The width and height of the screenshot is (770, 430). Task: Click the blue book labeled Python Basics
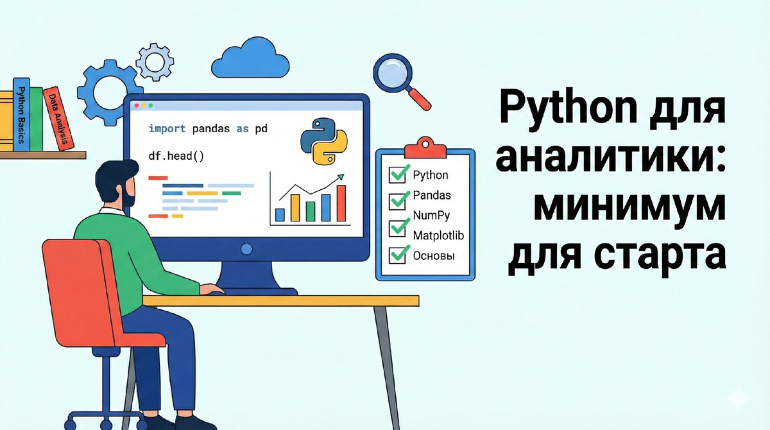(21, 116)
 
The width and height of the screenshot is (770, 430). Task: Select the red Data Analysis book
(58, 119)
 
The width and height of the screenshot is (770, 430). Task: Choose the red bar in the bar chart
(341, 202)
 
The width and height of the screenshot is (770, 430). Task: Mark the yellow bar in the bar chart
(295, 207)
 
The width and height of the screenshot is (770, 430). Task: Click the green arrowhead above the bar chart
(341, 177)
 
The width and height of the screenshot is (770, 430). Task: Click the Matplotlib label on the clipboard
(438, 236)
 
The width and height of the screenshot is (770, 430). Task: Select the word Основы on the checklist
(434, 255)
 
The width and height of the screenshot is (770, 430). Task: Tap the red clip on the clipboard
(425, 146)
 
